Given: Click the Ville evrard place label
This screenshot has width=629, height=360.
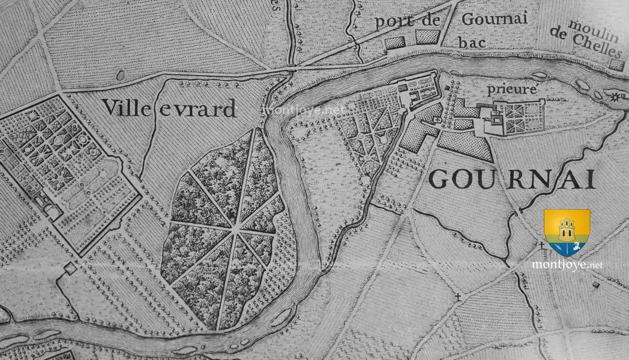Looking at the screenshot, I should point(169,109).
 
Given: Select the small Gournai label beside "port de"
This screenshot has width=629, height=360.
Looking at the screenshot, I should point(495,19).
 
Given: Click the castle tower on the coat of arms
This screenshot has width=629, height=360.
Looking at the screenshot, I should point(566,229).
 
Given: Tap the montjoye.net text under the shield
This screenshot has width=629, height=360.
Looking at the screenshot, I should point(567,264).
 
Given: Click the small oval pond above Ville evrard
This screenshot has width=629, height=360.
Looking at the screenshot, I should point(120,76).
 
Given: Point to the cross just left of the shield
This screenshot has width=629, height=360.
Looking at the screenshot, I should point(541,245).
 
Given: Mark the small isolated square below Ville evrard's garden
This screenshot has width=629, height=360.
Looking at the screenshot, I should point(71,268).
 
